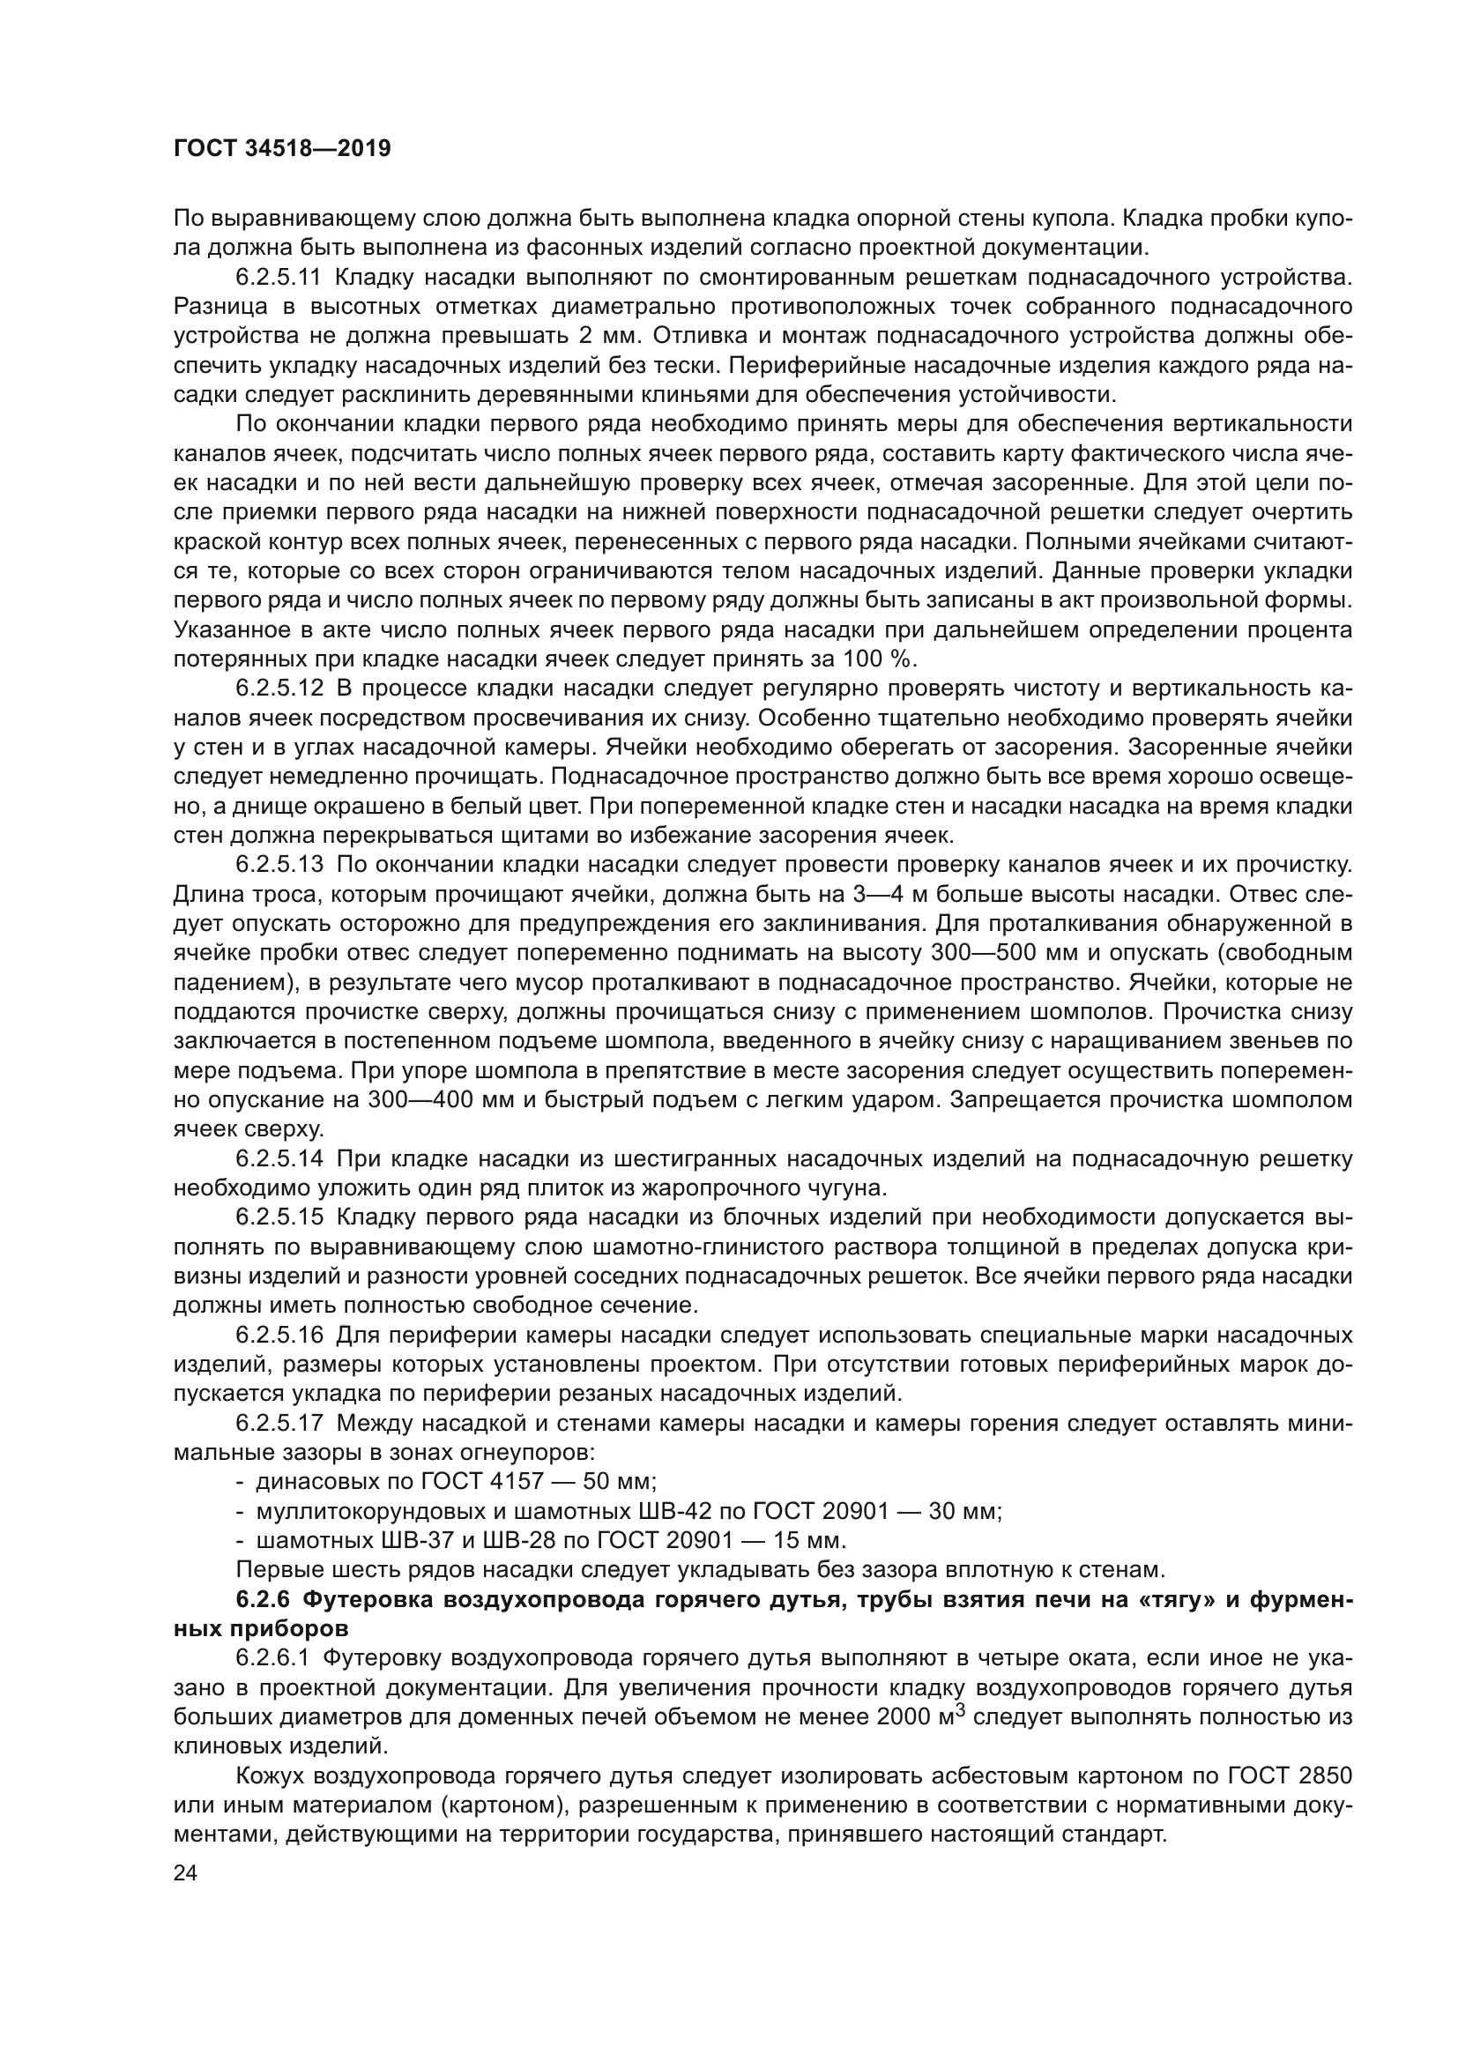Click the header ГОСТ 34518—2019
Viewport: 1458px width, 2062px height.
pyautogui.click(x=282, y=149)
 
